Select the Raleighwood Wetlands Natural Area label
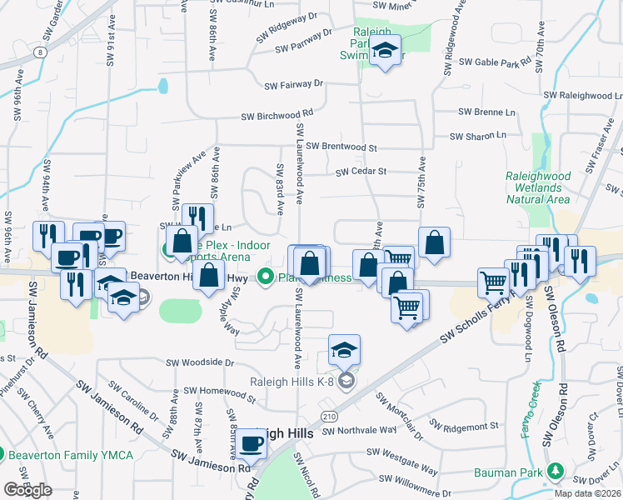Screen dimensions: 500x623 tap(538, 187)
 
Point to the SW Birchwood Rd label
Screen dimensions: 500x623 tap(277, 116)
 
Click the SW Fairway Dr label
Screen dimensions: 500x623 tap(293, 84)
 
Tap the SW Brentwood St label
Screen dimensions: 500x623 tap(341, 147)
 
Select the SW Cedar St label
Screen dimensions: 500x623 tap(361, 172)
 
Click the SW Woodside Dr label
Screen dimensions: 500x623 tap(200, 362)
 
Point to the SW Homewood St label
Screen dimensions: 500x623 tap(217, 390)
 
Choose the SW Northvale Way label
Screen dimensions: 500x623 tap(359, 431)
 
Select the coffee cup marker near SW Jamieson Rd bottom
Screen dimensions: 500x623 tap(251, 445)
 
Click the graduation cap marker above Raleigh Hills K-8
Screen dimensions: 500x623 tap(344, 351)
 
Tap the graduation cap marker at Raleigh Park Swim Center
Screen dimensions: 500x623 tap(385, 51)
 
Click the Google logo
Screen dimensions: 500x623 tap(27, 490)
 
